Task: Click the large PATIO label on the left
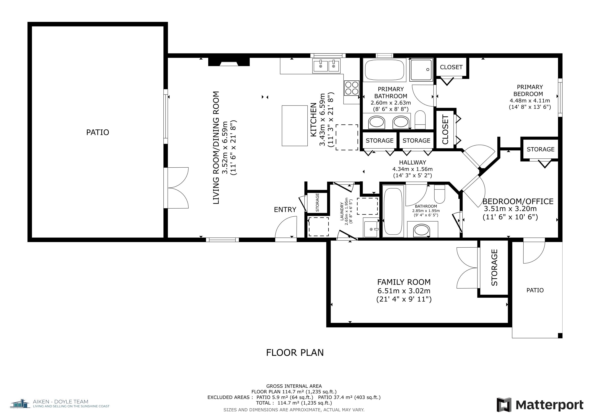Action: tap(98, 132)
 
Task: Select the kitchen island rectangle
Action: tap(295, 126)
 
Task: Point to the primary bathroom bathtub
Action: tap(384, 70)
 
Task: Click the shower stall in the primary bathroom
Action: tap(422, 70)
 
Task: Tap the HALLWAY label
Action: tap(412, 162)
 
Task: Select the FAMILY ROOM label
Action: tap(404, 282)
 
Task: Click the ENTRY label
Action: tap(285, 210)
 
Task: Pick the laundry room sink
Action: tap(371, 228)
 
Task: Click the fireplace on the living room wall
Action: tap(229, 62)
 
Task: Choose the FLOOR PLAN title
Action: tap(295, 353)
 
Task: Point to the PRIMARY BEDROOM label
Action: tap(530, 90)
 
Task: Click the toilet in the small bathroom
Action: tap(439, 194)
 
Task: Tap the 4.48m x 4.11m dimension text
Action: tap(530, 101)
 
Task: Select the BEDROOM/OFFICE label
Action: tap(518, 201)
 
